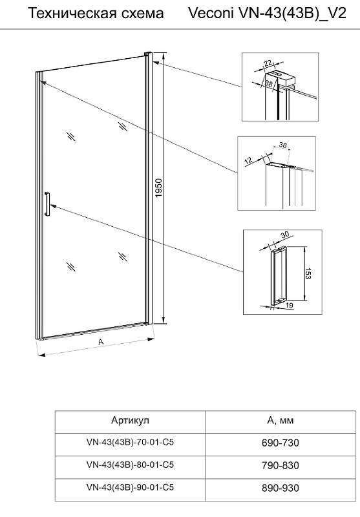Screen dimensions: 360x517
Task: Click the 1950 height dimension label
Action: pyautogui.click(x=159, y=188)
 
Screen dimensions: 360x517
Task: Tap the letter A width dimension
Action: pyautogui.click(x=101, y=342)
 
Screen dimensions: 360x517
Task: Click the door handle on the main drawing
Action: pyautogui.click(x=47, y=204)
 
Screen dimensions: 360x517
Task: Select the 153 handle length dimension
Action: pyautogui.click(x=308, y=273)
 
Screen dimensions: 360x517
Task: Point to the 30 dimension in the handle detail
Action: pyautogui.click(x=284, y=235)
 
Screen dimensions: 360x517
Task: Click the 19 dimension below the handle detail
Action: pyautogui.click(x=289, y=305)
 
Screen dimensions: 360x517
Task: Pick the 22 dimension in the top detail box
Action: pyautogui.click(x=268, y=63)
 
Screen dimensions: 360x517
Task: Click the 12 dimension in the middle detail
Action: pyautogui.click(x=249, y=160)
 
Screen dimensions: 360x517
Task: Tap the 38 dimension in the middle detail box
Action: pyautogui.click(x=282, y=144)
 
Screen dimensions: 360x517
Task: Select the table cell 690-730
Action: pyautogui.click(x=281, y=443)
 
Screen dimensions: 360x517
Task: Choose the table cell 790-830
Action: pyautogui.click(x=281, y=465)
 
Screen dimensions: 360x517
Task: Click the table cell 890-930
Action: pyautogui.click(x=281, y=488)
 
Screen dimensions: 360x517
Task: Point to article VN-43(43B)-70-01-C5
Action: pyautogui.click(x=130, y=442)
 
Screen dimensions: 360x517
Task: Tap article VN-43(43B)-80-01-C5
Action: pyautogui.click(x=130, y=465)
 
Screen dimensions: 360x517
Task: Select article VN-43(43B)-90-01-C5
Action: pyautogui.click(x=130, y=487)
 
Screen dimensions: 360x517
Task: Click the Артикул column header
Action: pyautogui.click(x=130, y=421)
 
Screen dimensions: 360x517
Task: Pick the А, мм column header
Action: pyautogui.click(x=281, y=421)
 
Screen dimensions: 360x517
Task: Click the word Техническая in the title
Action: pyautogui.click(x=68, y=14)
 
